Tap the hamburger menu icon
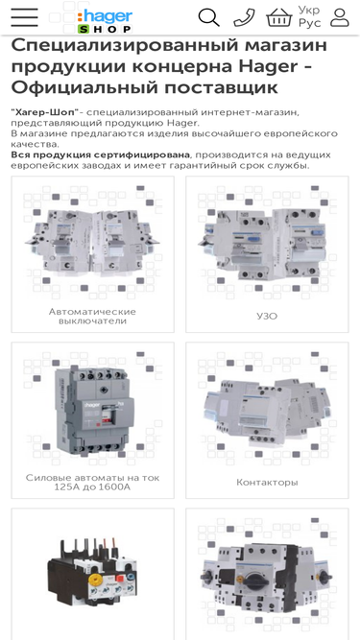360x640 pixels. pyautogui.click(x=25, y=17)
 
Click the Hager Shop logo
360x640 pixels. pyautogui.click(x=105, y=21)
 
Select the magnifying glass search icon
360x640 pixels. pyautogui.click(x=208, y=18)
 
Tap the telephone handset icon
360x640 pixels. pyautogui.click(x=244, y=18)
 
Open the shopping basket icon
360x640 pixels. pyautogui.click(x=279, y=18)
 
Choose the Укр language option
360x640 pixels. pyautogui.click(x=309, y=10)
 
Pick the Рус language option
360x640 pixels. pyautogui.click(x=309, y=23)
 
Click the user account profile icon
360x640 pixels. pyautogui.click(x=340, y=18)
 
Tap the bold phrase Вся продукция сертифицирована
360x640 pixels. pyautogui.click(x=101, y=155)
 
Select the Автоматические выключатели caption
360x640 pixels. pyautogui.click(x=92, y=317)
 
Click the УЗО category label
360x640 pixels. pyautogui.click(x=267, y=317)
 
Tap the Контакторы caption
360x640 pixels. pyautogui.click(x=267, y=483)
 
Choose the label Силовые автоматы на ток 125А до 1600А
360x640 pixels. pyautogui.click(x=92, y=482)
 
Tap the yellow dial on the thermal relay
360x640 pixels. pyautogui.click(x=96, y=579)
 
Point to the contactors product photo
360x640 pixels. pyautogui.click(x=267, y=412)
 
